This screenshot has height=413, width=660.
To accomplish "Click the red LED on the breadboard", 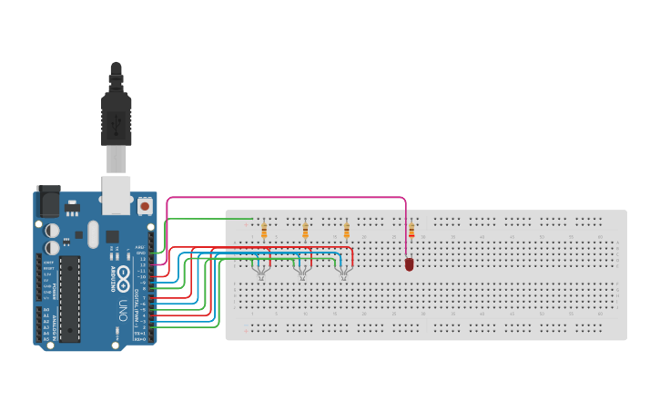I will tap(409, 263).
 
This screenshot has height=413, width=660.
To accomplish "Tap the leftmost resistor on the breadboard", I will tap(264, 232).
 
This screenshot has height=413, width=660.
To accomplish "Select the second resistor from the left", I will tap(305, 232).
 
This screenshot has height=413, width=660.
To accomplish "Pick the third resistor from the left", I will tap(346, 232).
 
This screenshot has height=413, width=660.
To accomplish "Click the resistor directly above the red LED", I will tap(411, 232).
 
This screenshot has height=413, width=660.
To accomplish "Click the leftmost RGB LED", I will tap(261, 269).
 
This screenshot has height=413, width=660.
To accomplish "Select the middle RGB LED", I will tap(301, 269).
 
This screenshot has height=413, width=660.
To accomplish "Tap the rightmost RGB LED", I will tap(343, 269).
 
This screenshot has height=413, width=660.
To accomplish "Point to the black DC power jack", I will tap(48, 201).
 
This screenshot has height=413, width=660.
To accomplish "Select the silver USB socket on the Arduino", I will tap(116, 195).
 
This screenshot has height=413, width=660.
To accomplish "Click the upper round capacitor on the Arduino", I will tap(53, 231).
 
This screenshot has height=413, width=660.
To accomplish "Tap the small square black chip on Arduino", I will tap(112, 236).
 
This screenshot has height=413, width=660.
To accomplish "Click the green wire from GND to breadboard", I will tap(209, 219).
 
